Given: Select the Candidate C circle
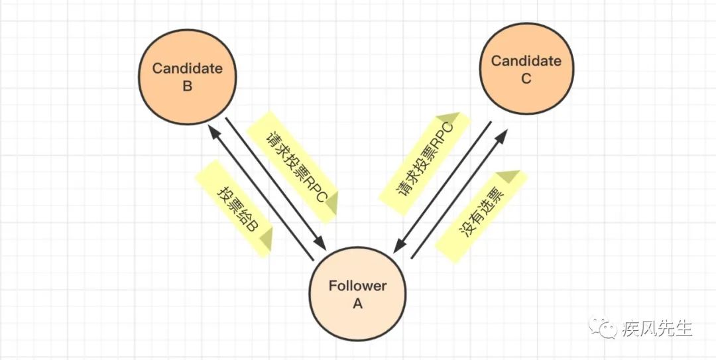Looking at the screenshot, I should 526,70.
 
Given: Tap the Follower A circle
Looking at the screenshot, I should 357,295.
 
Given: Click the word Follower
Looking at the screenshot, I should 357,286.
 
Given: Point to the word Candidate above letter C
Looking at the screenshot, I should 526,61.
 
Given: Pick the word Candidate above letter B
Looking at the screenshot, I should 187,68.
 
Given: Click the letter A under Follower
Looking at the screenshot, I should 357,304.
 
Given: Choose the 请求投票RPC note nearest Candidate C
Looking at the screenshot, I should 424,162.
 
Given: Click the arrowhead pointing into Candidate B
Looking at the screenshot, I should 213,133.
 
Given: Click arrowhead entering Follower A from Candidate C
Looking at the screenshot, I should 397,247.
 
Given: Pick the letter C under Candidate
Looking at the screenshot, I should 526,78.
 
